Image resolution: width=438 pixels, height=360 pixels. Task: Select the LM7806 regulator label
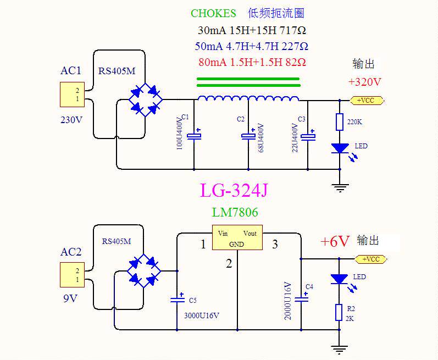(235, 212)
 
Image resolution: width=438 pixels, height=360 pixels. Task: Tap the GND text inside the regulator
(236, 243)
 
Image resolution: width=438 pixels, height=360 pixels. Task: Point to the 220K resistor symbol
(340, 122)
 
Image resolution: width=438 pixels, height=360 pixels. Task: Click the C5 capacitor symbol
(177, 300)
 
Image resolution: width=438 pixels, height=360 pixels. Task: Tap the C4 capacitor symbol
(301, 300)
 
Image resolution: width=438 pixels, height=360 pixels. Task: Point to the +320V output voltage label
(365, 82)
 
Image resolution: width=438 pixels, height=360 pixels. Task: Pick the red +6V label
(335, 242)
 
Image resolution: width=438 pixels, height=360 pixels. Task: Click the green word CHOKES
(213, 13)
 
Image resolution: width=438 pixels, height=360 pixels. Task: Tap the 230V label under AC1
(71, 119)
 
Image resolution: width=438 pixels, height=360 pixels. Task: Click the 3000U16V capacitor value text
(201, 315)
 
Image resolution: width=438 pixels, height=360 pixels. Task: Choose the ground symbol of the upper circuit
(341, 187)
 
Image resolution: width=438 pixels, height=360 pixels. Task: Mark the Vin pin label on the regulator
(223, 234)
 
